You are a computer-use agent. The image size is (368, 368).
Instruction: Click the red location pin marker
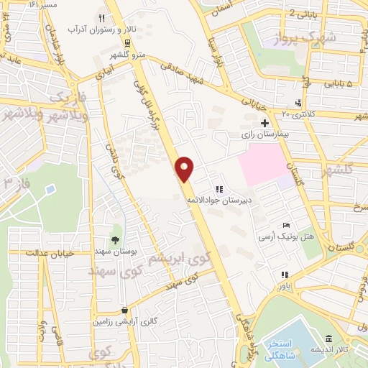pyautogui.click(x=185, y=168)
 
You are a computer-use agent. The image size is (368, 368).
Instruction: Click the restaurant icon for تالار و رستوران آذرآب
pyautogui.click(x=102, y=18)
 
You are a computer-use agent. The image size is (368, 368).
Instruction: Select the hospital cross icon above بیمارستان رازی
pyautogui.click(x=265, y=123)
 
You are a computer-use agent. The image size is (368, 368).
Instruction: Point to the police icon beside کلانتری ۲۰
pyautogui.click(x=298, y=102)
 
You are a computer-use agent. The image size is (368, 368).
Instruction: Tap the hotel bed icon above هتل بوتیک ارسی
pyautogui.click(x=287, y=226)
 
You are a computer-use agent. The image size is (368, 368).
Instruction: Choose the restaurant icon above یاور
pyautogui.click(x=285, y=274)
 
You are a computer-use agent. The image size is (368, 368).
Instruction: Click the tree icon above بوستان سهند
pyautogui.click(x=114, y=240)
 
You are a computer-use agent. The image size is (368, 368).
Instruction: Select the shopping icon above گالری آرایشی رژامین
pyautogui.click(x=124, y=310)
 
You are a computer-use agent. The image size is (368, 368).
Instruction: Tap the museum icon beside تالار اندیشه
pyautogui.click(x=328, y=339)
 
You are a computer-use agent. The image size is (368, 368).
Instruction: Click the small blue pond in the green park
pyautogui.click(x=50, y=190)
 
